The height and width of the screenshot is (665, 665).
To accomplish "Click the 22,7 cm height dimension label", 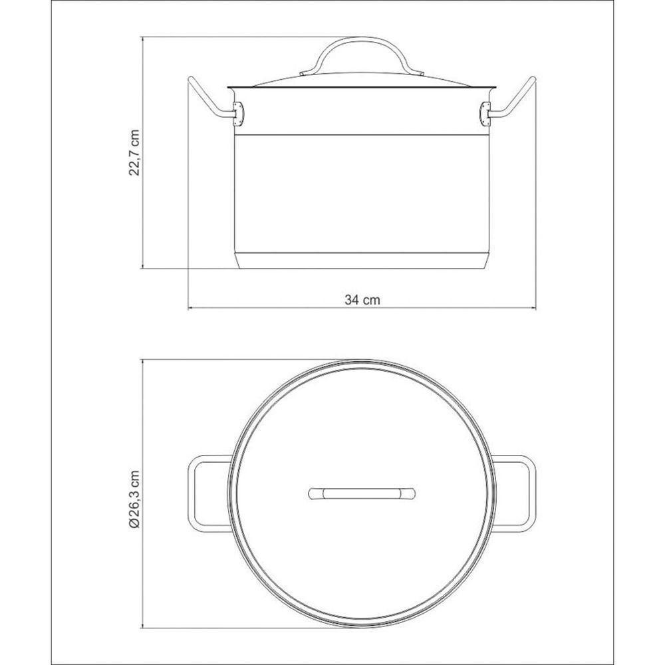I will (x=135, y=152).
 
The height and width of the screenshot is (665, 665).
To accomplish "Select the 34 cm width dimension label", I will (x=362, y=299).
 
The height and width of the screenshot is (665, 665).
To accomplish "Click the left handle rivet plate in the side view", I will (x=239, y=114).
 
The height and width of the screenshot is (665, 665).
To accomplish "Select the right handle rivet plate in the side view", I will (x=485, y=114).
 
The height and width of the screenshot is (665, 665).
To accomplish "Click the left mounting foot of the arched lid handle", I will (x=307, y=73).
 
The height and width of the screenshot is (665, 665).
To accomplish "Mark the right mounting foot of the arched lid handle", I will (x=417, y=73).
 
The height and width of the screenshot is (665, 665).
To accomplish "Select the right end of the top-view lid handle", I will (x=410, y=493).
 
